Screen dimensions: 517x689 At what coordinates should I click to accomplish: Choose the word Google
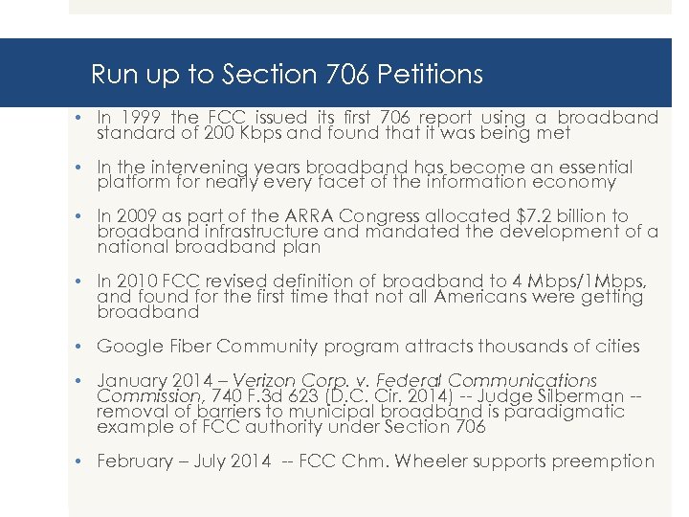pyautogui.click(x=129, y=347)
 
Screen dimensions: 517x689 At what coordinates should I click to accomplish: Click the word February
pyautogui.click(x=137, y=461)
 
